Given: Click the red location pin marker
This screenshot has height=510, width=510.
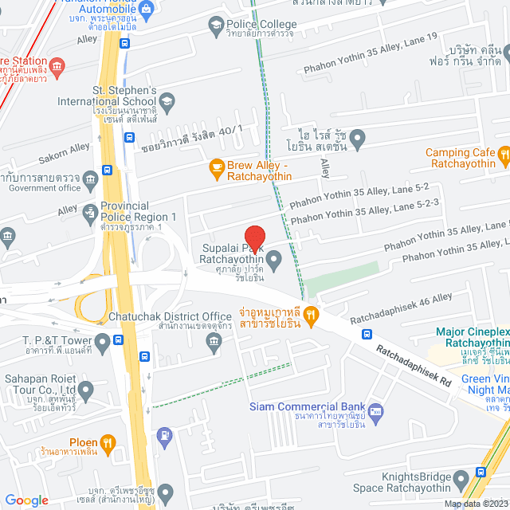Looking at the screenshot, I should tap(254, 237).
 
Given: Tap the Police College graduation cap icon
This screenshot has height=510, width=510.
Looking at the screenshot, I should tap(215, 27).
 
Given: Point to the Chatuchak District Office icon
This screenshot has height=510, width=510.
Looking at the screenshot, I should tap(214, 343).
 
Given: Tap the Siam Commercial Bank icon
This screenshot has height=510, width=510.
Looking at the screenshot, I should tap(376, 412).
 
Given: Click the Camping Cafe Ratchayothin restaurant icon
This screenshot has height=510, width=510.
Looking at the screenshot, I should tap(503, 154).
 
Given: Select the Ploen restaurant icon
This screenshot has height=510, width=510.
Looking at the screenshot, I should tap(109, 442).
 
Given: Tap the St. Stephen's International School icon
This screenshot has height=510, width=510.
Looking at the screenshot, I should tap(167, 100).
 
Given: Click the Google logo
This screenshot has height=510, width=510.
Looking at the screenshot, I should tap(26, 500).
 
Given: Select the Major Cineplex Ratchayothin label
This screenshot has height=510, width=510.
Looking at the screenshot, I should tap(472, 337).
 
